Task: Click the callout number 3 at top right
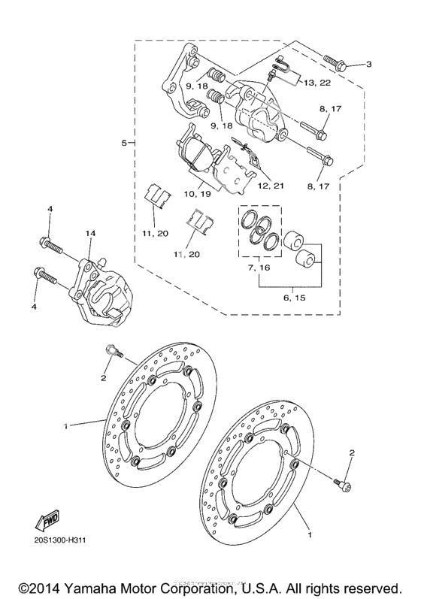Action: point(369,65)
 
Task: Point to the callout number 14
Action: point(90,234)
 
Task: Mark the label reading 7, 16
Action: point(259,268)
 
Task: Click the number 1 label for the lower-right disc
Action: point(308,537)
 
